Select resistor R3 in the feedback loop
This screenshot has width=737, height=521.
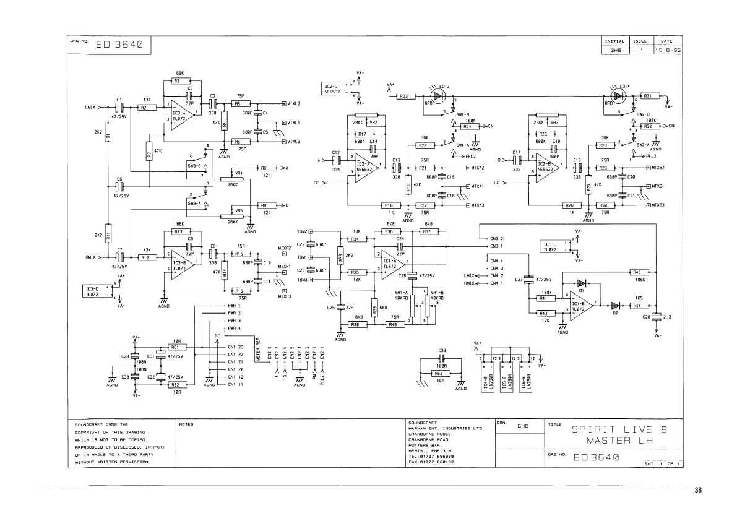point(176,81)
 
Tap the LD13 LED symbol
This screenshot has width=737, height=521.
point(439,95)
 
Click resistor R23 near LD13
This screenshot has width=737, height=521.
point(403,96)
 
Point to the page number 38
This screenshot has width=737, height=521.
point(698,490)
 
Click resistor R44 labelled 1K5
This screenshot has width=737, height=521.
point(636,305)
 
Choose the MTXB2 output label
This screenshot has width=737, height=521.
point(657,168)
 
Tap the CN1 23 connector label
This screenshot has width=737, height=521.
point(236,347)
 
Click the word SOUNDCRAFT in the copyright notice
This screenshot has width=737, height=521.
point(89,424)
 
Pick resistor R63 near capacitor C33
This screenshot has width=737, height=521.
point(438,374)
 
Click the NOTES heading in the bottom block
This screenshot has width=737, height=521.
point(186,424)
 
